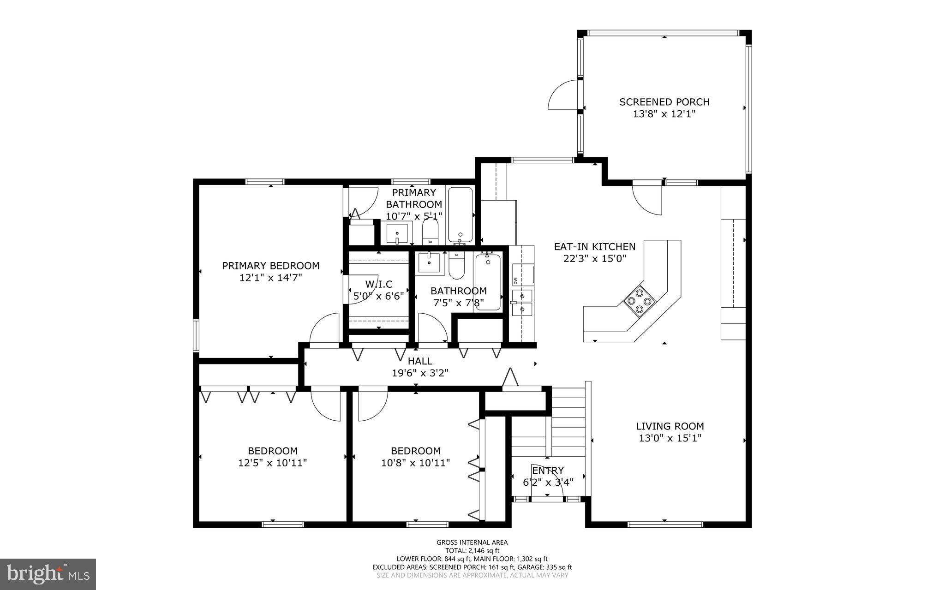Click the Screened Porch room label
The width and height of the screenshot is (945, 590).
[x=664, y=102]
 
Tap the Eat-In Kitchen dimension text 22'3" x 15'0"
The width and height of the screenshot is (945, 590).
[x=595, y=259]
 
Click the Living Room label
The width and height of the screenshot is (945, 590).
[x=670, y=427]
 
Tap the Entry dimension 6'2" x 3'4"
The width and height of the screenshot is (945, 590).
[x=548, y=483]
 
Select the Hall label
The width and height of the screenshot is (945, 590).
[x=420, y=361]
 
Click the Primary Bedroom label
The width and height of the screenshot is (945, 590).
[x=271, y=266]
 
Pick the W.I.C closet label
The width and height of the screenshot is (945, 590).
[x=379, y=284]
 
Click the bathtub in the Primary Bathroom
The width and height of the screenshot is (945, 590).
[x=460, y=215]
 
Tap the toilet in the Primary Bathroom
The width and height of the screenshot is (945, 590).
[x=430, y=232]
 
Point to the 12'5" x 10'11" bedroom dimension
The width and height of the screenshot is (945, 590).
[x=273, y=463]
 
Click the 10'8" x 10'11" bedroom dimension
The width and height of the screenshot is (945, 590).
[x=415, y=463]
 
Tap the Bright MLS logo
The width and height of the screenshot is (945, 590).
[x=48, y=574]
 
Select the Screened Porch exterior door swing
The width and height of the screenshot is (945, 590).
[x=563, y=95]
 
